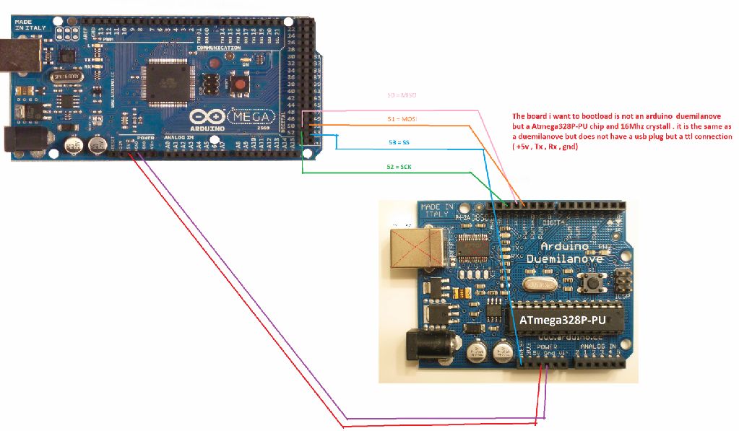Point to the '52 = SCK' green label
pos(399,167)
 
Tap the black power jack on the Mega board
pos(14,140)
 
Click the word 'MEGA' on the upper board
pos(251,116)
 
